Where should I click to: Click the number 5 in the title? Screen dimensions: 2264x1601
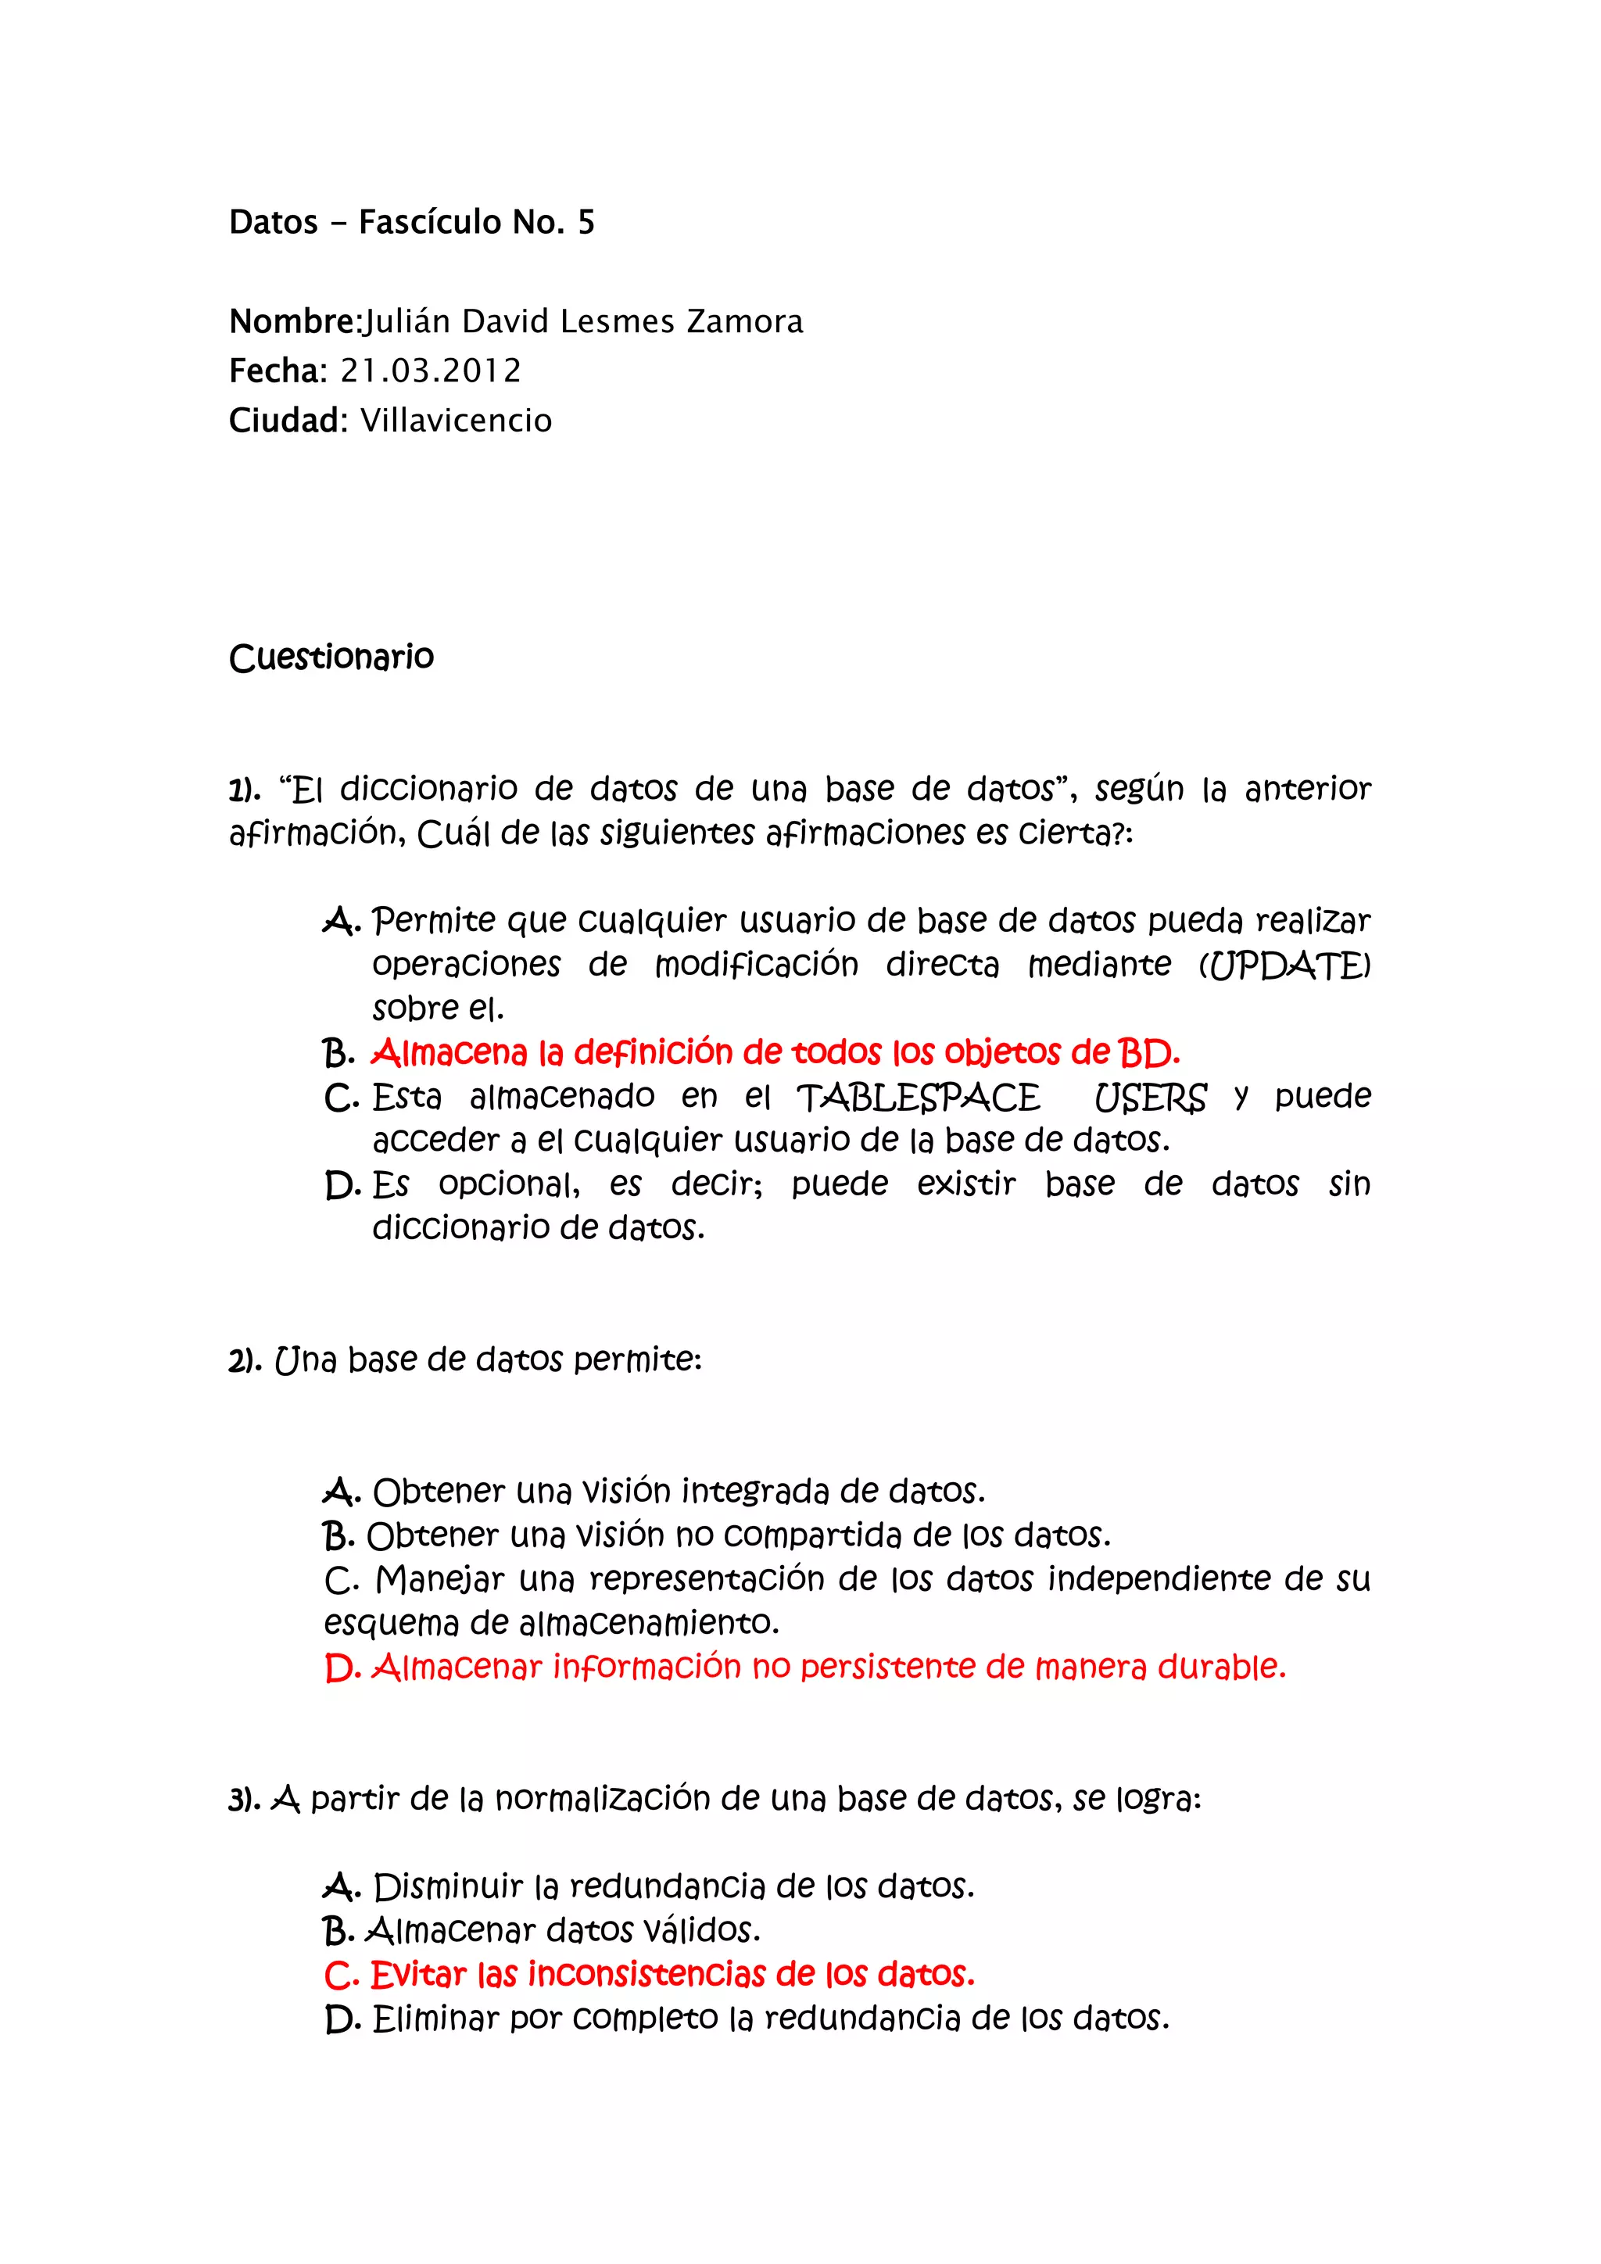click(586, 223)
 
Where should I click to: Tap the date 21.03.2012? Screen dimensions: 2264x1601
click(431, 371)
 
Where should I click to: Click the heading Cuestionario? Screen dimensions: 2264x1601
click(331, 657)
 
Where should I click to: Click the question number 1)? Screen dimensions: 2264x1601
click(245, 790)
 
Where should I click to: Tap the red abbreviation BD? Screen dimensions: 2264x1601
click(1148, 1053)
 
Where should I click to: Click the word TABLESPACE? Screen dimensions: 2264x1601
click(918, 1098)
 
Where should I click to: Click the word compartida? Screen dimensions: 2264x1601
click(812, 1536)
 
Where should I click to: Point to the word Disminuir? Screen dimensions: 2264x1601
click(448, 1887)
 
